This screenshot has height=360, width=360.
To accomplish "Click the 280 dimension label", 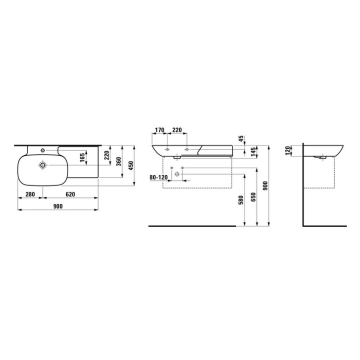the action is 30,194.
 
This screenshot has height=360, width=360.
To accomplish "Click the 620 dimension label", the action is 70,194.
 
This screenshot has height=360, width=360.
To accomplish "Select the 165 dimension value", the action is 82,157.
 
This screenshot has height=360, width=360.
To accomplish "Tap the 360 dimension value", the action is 118,162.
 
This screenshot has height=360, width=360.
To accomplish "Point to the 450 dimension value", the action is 130,165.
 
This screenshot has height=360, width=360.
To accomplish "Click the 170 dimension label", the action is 159,130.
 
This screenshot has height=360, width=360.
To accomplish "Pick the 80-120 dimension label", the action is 158,177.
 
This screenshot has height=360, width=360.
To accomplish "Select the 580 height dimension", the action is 241,200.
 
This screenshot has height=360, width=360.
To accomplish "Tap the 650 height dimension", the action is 253,197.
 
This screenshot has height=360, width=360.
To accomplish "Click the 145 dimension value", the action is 253,152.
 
